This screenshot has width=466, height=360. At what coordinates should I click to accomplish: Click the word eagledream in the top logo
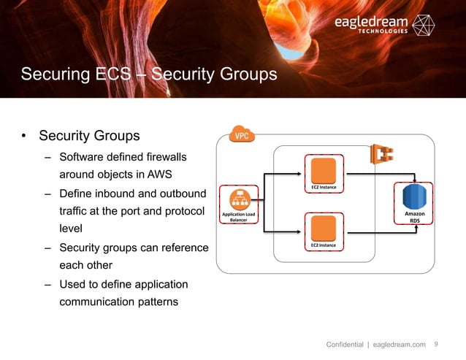[x=372, y=23]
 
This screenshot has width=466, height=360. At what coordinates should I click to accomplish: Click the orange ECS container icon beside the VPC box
[x=380, y=155]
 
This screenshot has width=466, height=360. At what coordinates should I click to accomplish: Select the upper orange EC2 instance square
[x=324, y=171]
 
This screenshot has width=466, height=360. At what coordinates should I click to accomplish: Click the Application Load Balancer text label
[x=239, y=217]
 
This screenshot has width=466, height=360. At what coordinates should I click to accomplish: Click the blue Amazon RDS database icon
[x=413, y=196]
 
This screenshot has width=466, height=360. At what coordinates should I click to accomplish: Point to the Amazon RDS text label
[x=413, y=217]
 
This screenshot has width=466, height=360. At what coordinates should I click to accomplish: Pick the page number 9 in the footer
[x=437, y=345]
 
